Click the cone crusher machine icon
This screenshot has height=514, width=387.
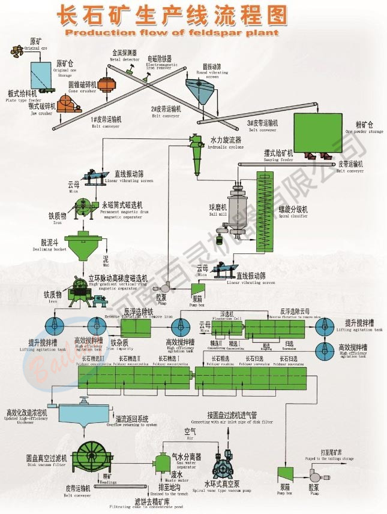tap(106, 85)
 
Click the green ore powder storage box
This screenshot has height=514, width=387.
tap(316, 132)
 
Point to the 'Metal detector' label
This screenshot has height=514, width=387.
tap(124, 59)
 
